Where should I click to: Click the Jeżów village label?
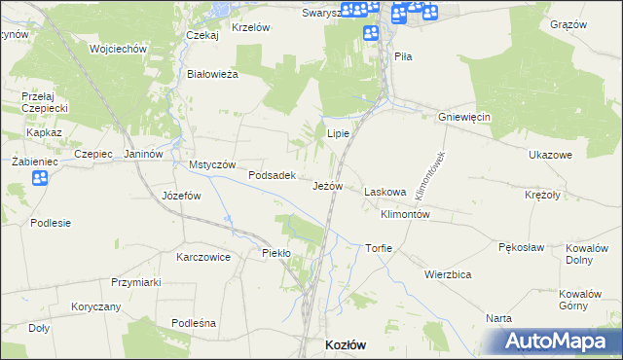pyautogui.click(x=328, y=185)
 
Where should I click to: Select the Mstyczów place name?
pyautogui.click(x=212, y=164)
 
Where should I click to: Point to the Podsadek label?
pyautogui.click(x=272, y=176)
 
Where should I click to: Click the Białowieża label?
pyautogui.click(x=212, y=74)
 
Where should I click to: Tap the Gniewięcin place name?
pyautogui.click(x=464, y=117)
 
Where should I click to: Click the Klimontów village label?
pyautogui.click(x=406, y=213)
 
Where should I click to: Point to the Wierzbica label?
pyautogui.click(x=448, y=274)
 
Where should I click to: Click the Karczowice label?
pyautogui.click(x=203, y=258)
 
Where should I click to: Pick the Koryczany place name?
pyautogui.click(x=95, y=306)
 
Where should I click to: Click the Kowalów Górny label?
pyautogui.click(x=580, y=300)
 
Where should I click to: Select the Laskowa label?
pyautogui.click(x=385, y=193)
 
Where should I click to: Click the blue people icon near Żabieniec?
pyautogui.click(x=39, y=178)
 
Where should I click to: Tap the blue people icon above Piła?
pyautogui.click(x=370, y=33)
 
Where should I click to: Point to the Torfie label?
pyautogui.click(x=379, y=248)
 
